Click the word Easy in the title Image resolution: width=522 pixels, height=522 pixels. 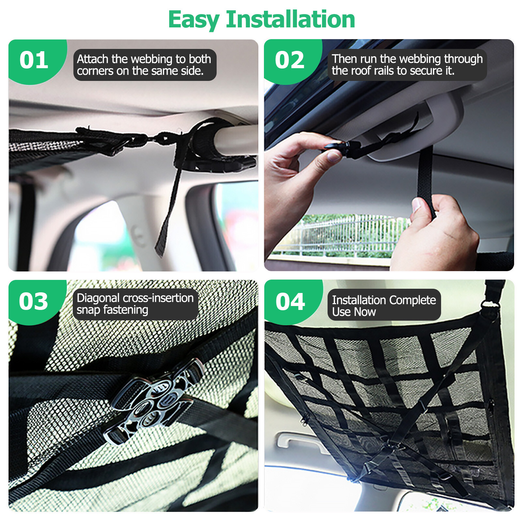[194, 20]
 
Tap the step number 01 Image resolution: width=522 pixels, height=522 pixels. [34, 60]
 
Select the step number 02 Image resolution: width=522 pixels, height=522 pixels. [289, 60]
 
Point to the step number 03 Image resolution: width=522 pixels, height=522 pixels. [33, 301]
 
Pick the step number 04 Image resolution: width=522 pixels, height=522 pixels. [290, 301]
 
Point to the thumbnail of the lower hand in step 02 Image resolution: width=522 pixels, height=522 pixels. [416, 204]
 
